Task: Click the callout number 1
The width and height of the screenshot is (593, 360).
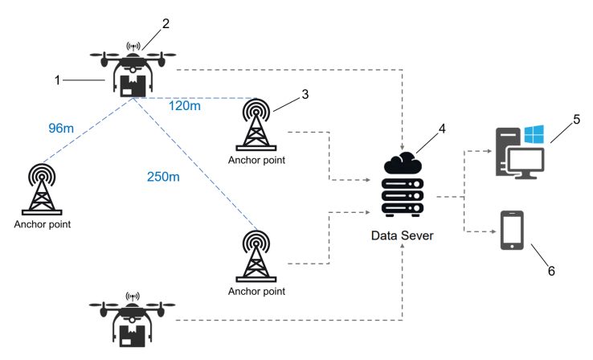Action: coord(57,80)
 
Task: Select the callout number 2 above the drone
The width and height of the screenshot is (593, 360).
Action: coord(166,23)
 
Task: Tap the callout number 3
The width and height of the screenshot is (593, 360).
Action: coord(305,95)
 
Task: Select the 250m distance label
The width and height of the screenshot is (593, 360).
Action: coord(163,177)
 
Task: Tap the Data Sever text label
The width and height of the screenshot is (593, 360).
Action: coord(403,236)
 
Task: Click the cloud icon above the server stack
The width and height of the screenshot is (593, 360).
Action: coord(403,163)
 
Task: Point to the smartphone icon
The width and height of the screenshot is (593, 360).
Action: coord(513,231)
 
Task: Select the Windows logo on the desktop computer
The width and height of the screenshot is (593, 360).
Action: coord(534,133)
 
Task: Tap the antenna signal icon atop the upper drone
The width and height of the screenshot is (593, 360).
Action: coord(133,47)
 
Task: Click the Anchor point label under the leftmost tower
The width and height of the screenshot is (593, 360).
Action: coord(42,225)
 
